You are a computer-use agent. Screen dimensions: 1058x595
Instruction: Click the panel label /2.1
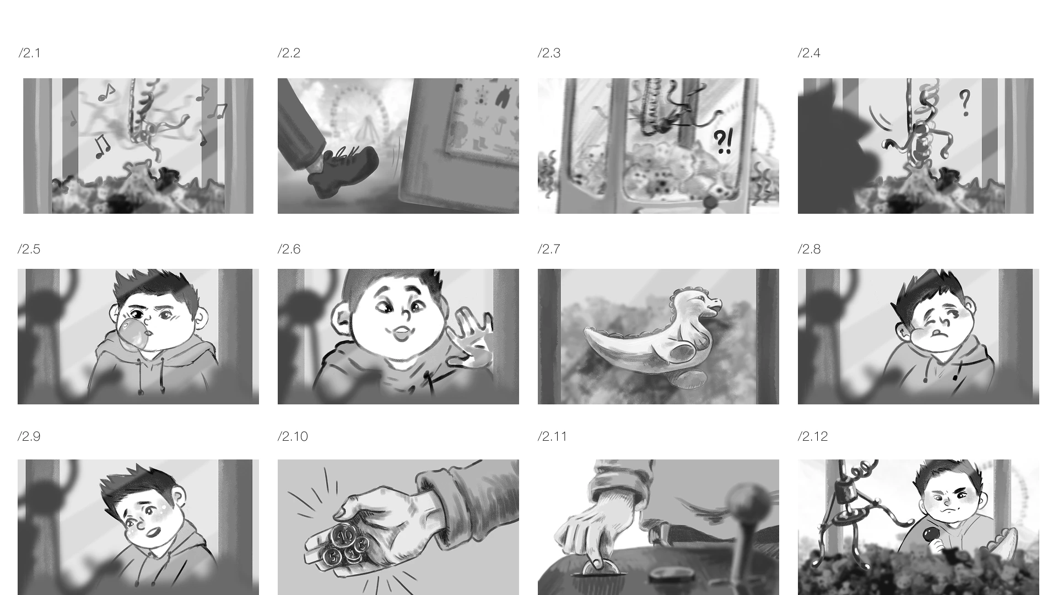pyautogui.click(x=29, y=53)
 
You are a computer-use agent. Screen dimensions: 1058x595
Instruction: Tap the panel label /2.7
pyautogui.click(x=549, y=249)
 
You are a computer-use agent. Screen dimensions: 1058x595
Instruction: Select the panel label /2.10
pyautogui.click(x=293, y=436)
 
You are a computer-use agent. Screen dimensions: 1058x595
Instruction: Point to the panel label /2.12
pyautogui.click(x=813, y=436)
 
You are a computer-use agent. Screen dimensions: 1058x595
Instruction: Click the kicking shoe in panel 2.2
pyautogui.click(x=342, y=171)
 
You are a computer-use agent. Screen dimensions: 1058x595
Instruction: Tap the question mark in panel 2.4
pyautogui.click(x=964, y=103)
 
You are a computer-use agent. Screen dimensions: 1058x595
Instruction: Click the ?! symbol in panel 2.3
pyautogui.click(x=723, y=142)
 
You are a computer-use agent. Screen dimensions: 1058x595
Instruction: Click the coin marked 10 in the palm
pyautogui.click(x=346, y=534)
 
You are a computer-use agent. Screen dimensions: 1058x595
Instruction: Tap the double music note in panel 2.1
pyautogui.click(x=102, y=146)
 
